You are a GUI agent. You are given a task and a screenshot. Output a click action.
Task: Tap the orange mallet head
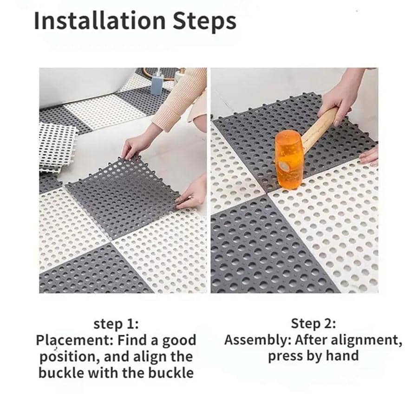[288, 152]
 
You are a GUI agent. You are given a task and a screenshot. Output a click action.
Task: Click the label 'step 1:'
[116, 324]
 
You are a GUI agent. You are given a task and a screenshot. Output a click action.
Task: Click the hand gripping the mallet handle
[341, 98]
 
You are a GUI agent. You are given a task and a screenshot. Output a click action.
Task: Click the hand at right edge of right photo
[370, 156]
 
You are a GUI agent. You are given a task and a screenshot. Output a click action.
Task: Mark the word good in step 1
[179, 340]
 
